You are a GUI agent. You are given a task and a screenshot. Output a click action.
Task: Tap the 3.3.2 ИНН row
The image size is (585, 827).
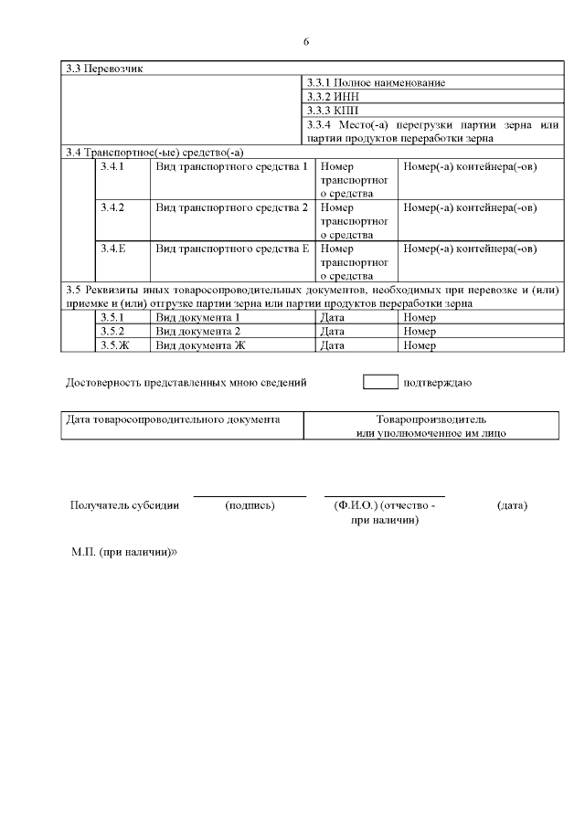point(330,96)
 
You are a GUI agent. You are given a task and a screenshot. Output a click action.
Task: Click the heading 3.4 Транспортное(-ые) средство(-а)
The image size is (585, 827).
point(155,151)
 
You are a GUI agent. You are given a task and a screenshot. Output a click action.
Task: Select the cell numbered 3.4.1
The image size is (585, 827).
point(112,167)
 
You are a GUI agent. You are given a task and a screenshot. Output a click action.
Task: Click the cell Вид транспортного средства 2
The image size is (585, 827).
point(232,207)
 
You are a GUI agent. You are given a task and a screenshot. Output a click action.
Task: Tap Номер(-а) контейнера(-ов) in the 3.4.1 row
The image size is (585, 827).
point(470,167)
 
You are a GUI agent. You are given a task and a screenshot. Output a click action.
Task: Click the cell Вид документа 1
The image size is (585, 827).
point(198,317)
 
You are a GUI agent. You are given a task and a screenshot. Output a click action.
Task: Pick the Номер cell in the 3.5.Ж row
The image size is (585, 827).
point(420,345)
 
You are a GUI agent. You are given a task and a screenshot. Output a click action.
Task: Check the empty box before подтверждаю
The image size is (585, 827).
point(380,382)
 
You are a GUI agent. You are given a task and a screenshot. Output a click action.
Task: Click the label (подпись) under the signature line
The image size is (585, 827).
point(250,505)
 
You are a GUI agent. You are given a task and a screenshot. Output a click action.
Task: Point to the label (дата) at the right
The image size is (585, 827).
point(512,505)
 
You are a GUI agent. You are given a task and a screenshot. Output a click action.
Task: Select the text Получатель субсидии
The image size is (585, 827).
point(124,505)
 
